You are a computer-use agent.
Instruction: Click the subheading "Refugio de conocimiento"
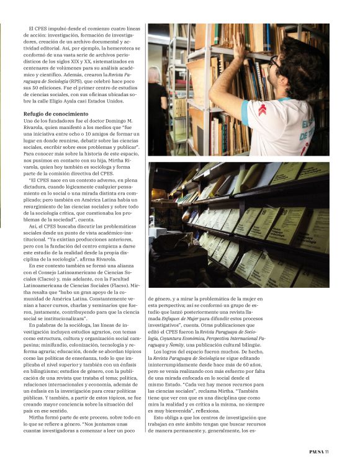tap(56, 114)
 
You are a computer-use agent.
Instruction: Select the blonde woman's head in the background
tap(155, 76)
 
